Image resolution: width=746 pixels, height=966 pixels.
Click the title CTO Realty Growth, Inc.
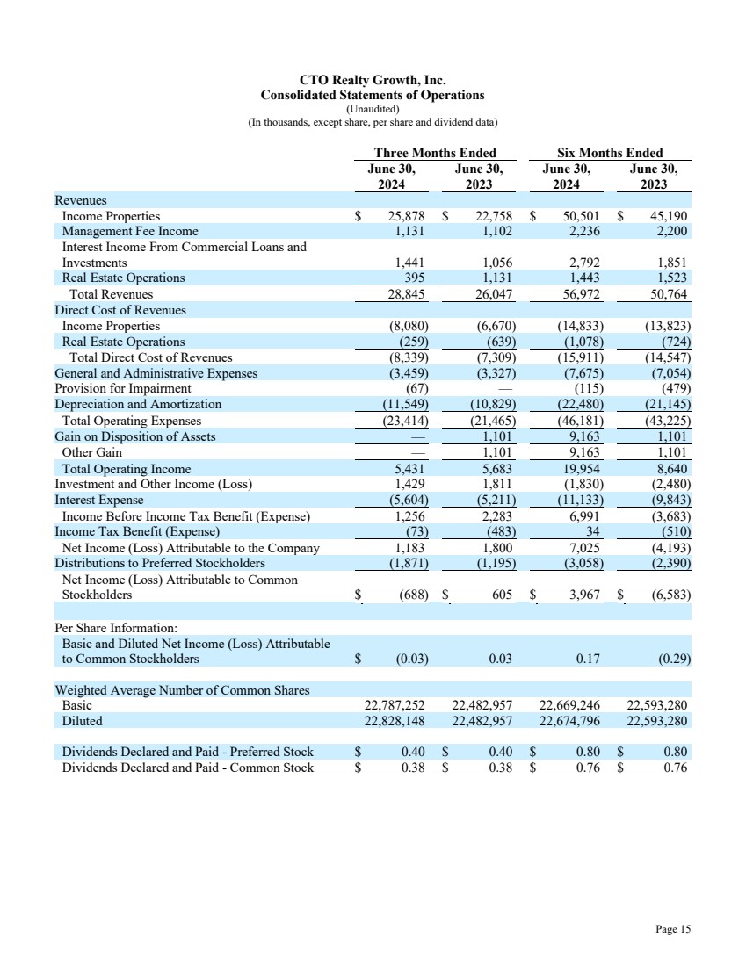coord(373,80)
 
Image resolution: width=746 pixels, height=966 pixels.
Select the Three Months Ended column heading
coord(435,153)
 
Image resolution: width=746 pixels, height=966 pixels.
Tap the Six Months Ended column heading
coord(610,153)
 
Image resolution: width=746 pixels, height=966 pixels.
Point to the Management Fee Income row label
coord(130,231)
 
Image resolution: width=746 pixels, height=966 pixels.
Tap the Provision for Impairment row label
coord(123,388)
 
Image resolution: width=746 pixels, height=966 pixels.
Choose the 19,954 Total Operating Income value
coord(580,469)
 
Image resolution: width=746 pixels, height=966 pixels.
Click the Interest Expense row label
coord(99,501)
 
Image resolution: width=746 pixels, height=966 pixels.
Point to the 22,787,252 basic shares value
coord(395,705)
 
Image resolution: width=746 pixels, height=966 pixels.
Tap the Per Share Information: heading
coord(116,629)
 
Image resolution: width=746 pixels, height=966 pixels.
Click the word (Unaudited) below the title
coord(373,108)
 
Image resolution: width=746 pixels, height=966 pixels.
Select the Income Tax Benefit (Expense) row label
coord(137,531)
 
